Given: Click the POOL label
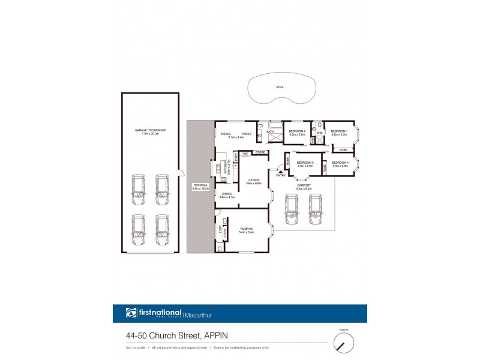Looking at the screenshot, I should pyautogui.click(x=280, y=87).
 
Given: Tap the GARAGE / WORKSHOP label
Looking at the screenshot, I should pyautogui.click(x=150, y=131).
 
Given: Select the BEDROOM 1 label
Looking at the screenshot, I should pyautogui.click(x=340, y=131).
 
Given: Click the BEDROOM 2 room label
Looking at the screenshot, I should pyautogui.click(x=298, y=131).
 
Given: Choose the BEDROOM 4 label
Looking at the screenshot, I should pyautogui.click(x=340, y=162).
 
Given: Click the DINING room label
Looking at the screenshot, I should pyautogui.click(x=226, y=194).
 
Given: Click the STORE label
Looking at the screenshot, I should pyautogui.click(x=260, y=153).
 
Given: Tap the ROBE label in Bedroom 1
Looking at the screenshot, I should pyautogui.click(x=343, y=149).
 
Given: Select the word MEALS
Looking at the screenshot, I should pyautogui.click(x=226, y=134).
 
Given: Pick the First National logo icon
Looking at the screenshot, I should pyautogui.click(x=131, y=313).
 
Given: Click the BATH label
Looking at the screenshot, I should pyautogui.click(x=270, y=131).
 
